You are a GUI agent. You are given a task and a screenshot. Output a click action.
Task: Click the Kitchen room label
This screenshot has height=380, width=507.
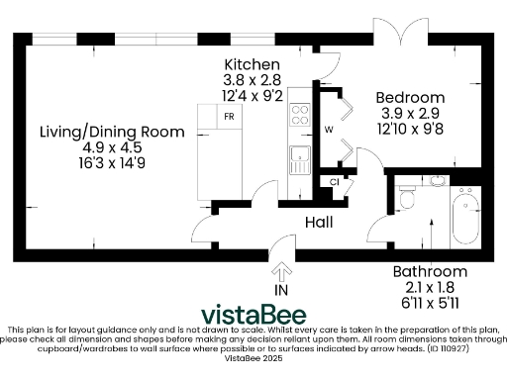(x=251, y=64)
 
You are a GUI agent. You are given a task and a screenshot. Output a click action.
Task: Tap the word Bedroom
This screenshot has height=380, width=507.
(x=409, y=97)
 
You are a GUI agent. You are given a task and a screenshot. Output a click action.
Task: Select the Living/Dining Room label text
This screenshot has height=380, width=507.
(x=112, y=132)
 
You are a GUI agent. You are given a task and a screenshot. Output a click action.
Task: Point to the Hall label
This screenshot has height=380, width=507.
(x=318, y=223)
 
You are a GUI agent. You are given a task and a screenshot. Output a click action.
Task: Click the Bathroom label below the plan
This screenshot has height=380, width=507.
(x=429, y=271)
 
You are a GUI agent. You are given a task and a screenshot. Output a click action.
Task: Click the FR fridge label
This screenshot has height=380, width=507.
(x=229, y=116)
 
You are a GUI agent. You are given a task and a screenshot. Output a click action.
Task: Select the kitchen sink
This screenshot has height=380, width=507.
(x=298, y=156)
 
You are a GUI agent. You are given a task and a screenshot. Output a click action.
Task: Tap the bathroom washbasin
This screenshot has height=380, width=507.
(x=437, y=182)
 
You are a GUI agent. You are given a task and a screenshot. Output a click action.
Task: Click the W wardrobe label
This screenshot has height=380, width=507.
(x=329, y=130)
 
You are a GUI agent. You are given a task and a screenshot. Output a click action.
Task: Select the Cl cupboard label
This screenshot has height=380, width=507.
(x=334, y=182)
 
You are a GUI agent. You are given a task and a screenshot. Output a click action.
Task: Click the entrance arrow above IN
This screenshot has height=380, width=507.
(x=283, y=270)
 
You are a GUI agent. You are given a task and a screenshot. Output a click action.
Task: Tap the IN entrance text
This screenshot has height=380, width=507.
(x=283, y=290)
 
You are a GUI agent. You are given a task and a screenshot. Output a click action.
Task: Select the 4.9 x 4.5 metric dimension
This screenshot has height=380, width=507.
(x=112, y=147)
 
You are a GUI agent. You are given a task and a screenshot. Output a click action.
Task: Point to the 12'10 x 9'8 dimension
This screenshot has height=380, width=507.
(x=409, y=129)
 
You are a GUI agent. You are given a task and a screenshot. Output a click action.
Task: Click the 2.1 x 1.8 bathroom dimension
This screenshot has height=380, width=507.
(x=429, y=287)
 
